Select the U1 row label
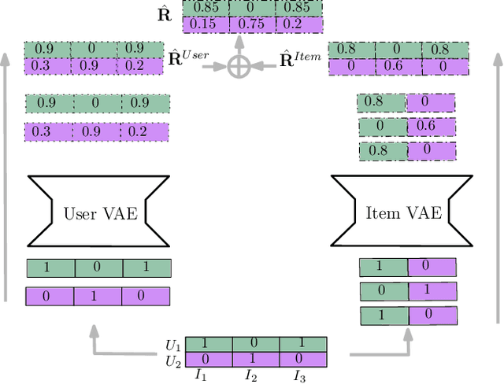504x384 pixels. (x=172, y=345)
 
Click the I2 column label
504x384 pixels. (x=250, y=375)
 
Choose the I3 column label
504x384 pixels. (x=298, y=375)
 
